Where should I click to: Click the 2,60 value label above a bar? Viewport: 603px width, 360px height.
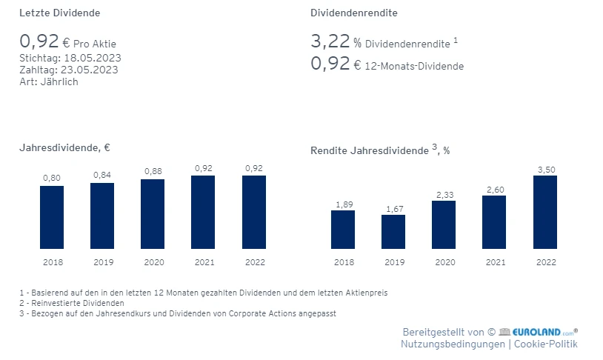tap(494, 190)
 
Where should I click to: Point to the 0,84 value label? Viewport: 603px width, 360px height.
tap(102, 175)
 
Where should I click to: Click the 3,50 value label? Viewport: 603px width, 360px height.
tap(545, 170)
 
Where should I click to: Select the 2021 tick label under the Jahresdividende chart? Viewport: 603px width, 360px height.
tap(203, 262)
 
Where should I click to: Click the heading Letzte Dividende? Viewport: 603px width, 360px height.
tap(60, 13)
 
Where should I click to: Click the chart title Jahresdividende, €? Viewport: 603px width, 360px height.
tap(65, 147)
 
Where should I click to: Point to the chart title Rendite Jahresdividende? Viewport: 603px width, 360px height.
tap(370, 150)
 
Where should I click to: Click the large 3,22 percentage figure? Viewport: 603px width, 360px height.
tap(330, 41)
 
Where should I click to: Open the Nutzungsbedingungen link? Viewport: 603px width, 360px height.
tap(453, 344)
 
